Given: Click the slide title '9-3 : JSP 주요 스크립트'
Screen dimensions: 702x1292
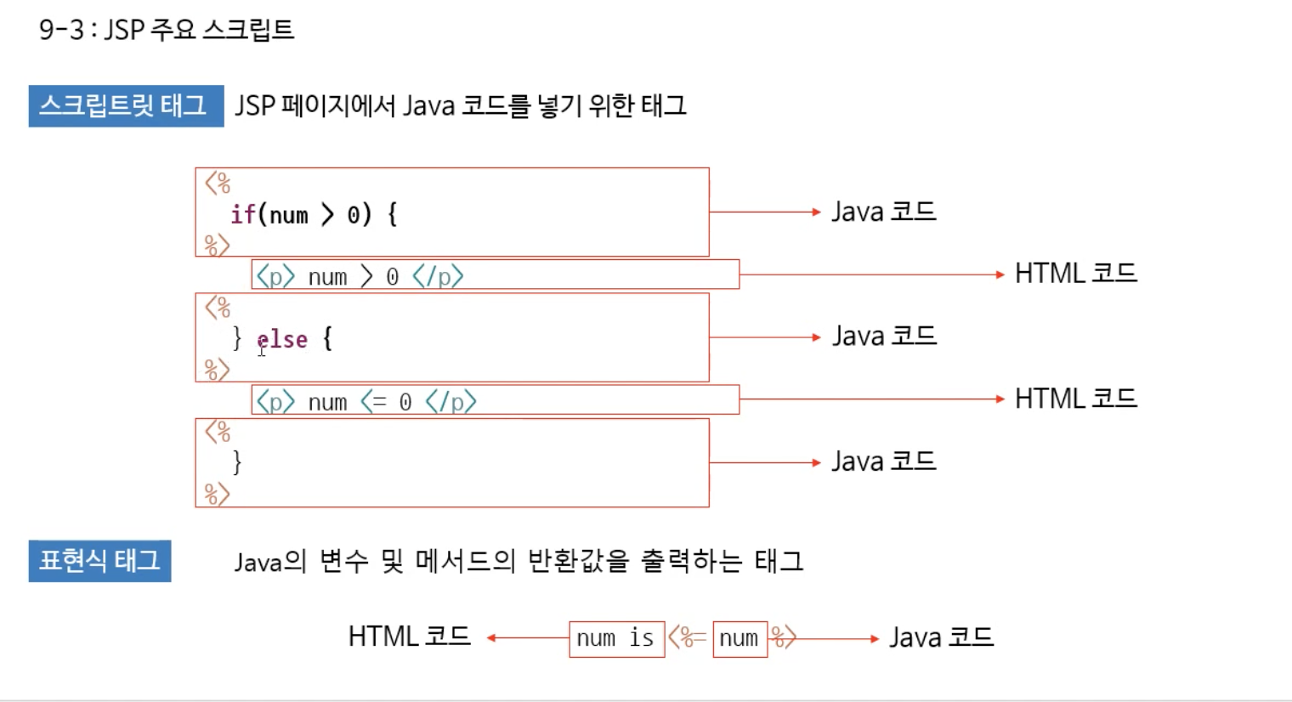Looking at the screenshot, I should pos(167,30).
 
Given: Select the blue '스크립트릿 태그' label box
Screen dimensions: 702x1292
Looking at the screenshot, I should pos(126,105).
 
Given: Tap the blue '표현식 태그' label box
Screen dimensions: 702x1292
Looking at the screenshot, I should pos(99,561).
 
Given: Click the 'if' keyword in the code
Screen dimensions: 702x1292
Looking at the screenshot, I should pos(242,214).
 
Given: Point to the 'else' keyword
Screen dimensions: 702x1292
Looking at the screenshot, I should pos(282,339).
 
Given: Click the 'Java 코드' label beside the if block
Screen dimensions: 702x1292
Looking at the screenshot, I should pos(883,212).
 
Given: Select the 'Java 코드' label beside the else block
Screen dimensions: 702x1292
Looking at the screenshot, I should pos(883,337).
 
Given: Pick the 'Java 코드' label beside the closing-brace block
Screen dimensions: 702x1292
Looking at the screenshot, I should pos(883,461).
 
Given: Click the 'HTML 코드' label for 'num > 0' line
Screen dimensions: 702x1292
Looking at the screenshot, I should pos(1075,274).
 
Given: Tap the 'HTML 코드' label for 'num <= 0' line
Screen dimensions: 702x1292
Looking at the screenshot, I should pos(1075,399).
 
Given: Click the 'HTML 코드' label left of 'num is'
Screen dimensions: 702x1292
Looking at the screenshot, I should pos(409,637).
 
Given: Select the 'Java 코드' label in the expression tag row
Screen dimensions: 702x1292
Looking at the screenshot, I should pos(941,637).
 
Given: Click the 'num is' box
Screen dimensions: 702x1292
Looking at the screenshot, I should pos(616,638).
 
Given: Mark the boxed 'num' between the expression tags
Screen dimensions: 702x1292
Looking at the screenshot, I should pos(739,638).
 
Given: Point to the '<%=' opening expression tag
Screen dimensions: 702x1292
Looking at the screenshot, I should pos(687,637).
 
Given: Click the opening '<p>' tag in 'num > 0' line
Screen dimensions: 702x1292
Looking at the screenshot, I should pos(275,276).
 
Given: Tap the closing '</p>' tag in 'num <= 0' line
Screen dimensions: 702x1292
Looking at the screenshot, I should pos(450,401).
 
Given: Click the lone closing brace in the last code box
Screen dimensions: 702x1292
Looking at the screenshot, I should pos(237,462).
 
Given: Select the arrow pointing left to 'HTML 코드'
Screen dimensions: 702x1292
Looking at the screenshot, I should pos(527,637).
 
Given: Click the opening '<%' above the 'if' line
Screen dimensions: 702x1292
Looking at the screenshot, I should pos(218,183).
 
